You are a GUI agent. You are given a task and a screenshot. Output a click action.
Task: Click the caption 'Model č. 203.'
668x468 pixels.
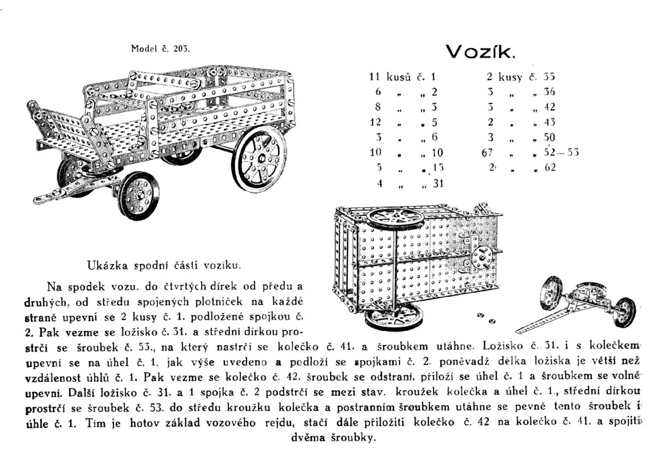[x=160, y=48]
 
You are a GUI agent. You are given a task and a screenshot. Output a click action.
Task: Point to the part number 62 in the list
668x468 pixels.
[x=550, y=168]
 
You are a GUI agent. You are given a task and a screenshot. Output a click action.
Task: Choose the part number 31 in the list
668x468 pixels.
[x=438, y=183]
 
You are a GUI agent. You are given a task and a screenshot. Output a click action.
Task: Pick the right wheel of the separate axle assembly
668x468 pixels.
[x=624, y=311]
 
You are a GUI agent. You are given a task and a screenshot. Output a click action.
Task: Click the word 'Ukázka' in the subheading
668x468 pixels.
[x=107, y=265]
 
